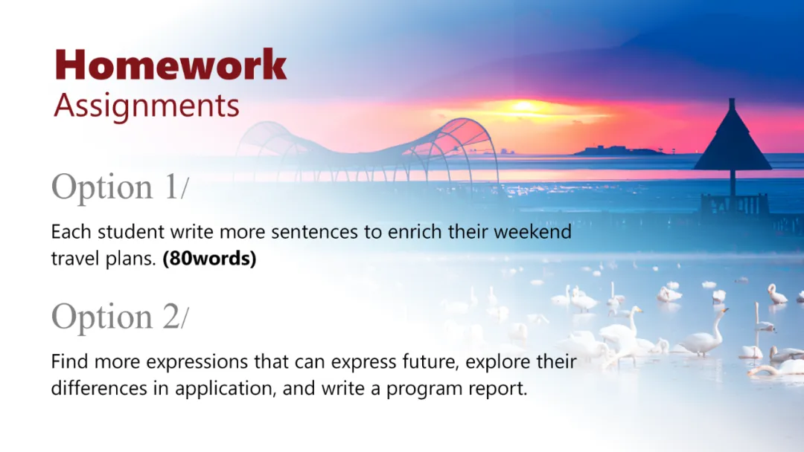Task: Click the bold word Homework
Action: tap(170, 65)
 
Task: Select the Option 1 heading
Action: tap(120, 187)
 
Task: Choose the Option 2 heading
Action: tap(120, 317)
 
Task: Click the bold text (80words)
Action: tap(209, 259)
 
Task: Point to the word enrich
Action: tap(415, 231)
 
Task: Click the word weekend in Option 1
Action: tap(532, 231)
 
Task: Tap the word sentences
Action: tap(314, 232)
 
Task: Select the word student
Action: tap(131, 232)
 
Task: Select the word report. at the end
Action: tap(501, 389)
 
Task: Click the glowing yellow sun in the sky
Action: tap(523, 106)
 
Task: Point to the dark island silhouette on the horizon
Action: tap(618, 150)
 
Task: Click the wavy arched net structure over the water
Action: tap(366, 149)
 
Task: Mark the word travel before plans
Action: tap(76, 259)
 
